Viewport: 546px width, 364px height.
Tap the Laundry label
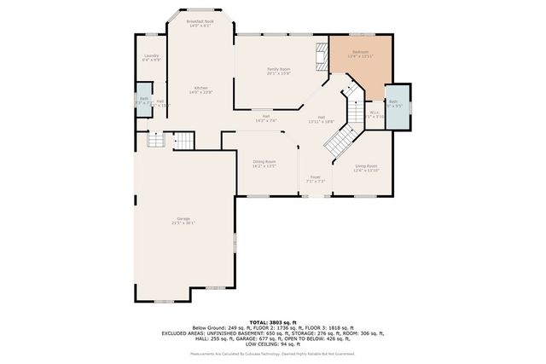[151, 57]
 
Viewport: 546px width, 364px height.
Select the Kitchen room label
[201, 89]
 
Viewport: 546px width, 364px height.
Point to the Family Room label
[279, 70]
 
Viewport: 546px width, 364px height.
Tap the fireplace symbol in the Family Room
[322, 55]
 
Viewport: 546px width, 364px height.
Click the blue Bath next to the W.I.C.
[395, 105]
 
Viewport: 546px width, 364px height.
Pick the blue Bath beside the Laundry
[144, 100]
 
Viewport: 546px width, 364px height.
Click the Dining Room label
[264, 163]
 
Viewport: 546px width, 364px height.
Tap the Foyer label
[316, 178]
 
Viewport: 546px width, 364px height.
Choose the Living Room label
[366, 168]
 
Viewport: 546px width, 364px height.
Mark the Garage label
[183, 220]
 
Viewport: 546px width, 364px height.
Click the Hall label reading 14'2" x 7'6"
[266, 118]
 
